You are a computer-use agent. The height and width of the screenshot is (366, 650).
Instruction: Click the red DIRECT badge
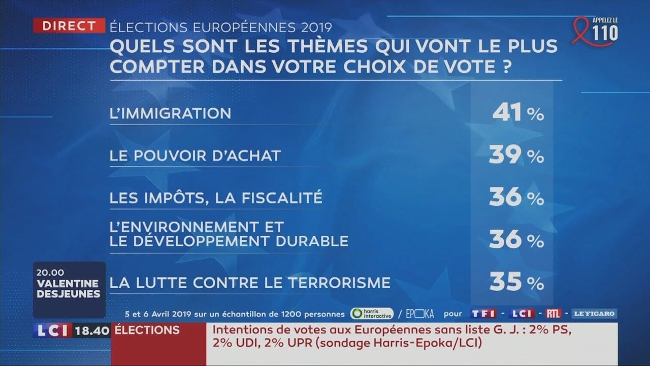tap(69, 26)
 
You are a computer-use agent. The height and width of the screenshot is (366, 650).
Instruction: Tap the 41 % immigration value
tap(517, 113)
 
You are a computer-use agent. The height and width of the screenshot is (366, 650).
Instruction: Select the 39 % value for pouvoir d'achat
tap(516, 156)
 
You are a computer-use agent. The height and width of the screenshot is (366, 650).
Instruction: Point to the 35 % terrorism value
tap(516, 282)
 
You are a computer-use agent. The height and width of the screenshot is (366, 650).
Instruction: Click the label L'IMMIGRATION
tap(170, 113)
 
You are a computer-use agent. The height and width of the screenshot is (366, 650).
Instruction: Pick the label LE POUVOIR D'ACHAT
tap(195, 156)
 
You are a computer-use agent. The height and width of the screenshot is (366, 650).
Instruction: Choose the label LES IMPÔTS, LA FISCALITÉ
tap(216, 197)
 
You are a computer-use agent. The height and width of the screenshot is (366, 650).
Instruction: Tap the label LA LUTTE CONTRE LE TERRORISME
tap(250, 282)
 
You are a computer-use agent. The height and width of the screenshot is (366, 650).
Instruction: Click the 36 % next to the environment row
tap(516, 239)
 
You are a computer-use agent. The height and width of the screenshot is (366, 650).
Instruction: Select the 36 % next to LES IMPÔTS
tap(516, 198)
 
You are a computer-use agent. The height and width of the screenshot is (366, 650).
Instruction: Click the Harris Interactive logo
tap(372, 314)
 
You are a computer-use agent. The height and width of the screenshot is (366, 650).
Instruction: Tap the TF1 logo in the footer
tap(482, 314)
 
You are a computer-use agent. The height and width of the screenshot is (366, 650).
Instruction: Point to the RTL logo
tap(554, 314)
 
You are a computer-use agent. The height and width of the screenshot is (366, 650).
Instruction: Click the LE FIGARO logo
tap(594, 314)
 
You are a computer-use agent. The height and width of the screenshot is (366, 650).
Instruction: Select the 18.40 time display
tap(92, 331)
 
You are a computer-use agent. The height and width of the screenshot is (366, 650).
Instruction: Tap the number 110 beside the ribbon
tap(605, 34)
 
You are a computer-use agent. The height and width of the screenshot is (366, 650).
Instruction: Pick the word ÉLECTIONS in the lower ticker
tap(147, 330)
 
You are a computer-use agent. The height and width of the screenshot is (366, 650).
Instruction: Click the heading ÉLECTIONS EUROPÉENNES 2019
tap(220, 26)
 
